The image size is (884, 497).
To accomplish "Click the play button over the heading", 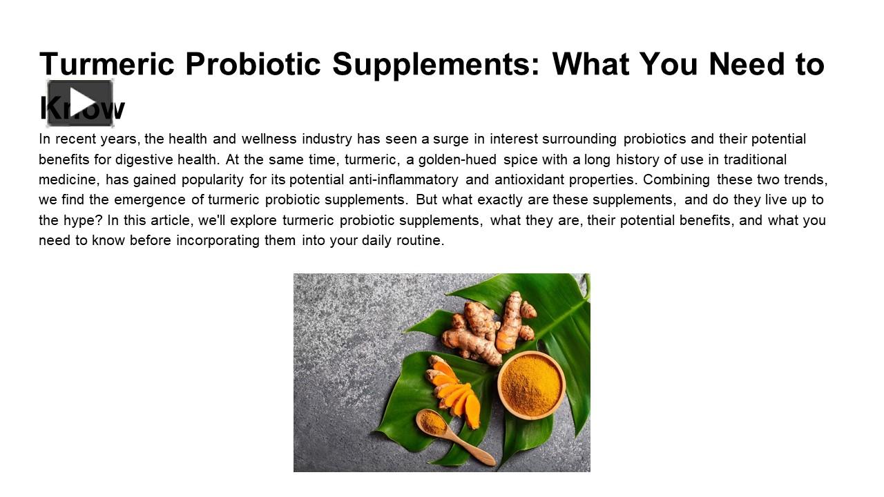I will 80,103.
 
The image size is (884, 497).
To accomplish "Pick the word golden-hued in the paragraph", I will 457,160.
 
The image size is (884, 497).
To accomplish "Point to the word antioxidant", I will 506,180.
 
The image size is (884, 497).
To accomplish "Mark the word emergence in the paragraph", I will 150,200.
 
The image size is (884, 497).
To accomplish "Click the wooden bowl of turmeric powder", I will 531,384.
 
